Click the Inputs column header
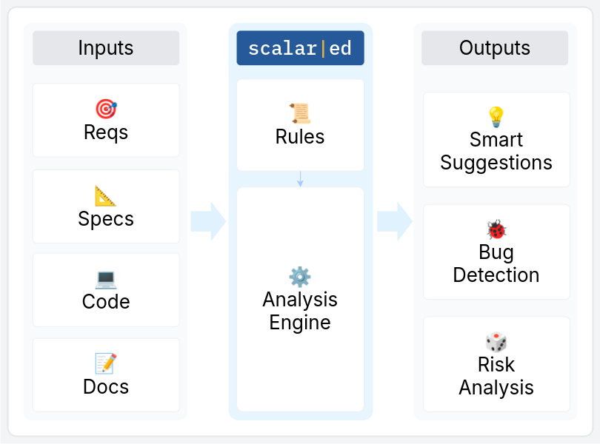pyautogui.click(x=106, y=48)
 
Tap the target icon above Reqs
pyautogui.click(x=106, y=110)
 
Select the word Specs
pyautogui.click(x=106, y=219)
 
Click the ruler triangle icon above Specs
pyautogui.click(x=106, y=196)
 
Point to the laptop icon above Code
pyautogui.click(x=106, y=279)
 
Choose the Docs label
pyautogui.click(x=106, y=386)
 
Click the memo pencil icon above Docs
pyautogui.click(x=106, y=363)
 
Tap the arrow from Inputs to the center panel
pyautogui.click(x=208, y=221)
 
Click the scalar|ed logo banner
pyautogui.click(x=300, y=49)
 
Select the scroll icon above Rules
pyautogui.click(x=300, y=113)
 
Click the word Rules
pyautogui.click(x=300, y=137)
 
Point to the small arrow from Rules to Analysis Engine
pyautogui.click(x=300, y=179)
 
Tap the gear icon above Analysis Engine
pyautogui.click(x=300, y=276)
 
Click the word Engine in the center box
pyautogui.click(x=300, y=323)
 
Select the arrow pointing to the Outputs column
pyautogui.click(x=394, y=221)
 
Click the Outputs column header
pyautogui.click(x=495, y=48)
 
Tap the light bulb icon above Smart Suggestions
pyautogui.click(x=496, y=117)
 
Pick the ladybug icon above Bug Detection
pyautogui.click(x=496, y=229)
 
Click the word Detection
pyautogui.click(x=496, y=275)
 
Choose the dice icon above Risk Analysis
pyautogui.click(x=496, y=342)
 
